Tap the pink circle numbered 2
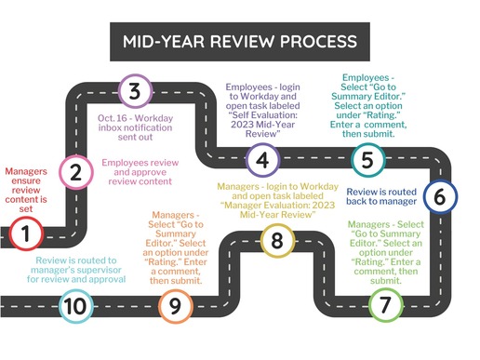(73, 170)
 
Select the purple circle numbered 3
(136, 91)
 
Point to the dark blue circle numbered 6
(439, 196)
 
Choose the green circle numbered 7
(385, 304)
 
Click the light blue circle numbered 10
(77, 304)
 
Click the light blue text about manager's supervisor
(80, 269)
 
